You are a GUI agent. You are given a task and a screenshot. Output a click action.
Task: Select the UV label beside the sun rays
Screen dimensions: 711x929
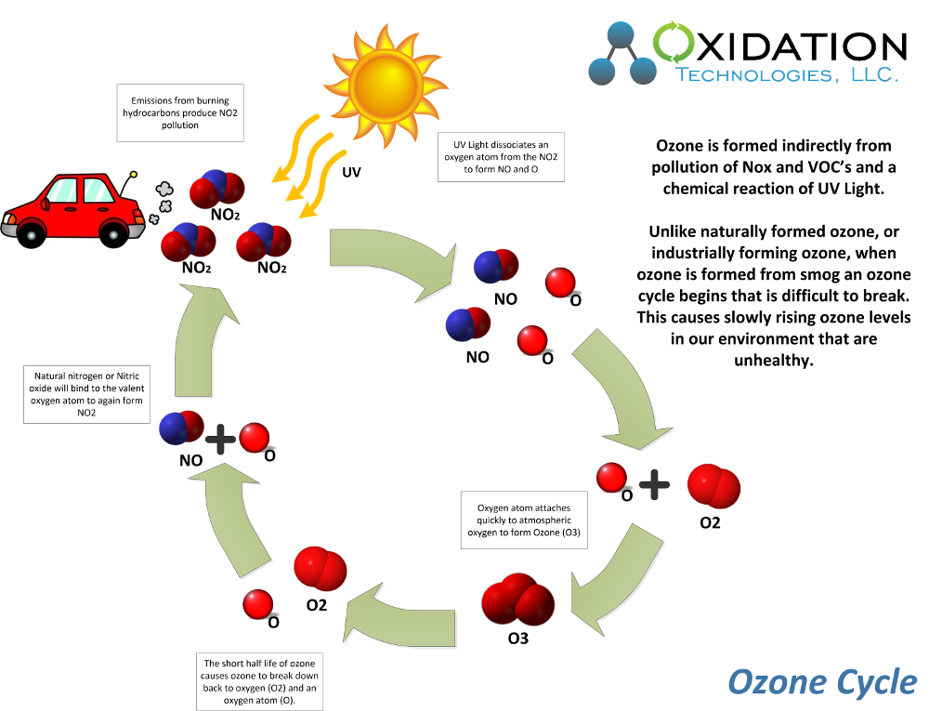click(351, 172)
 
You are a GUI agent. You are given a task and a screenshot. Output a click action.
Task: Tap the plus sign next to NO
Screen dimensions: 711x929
click(220, 439)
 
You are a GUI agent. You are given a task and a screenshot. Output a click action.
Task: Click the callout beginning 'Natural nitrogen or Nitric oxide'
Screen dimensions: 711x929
click(87, 395)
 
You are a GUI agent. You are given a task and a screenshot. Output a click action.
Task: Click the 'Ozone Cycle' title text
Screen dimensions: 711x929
click(821, 681)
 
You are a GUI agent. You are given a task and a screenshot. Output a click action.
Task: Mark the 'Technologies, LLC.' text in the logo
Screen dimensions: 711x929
click(786, 74)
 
